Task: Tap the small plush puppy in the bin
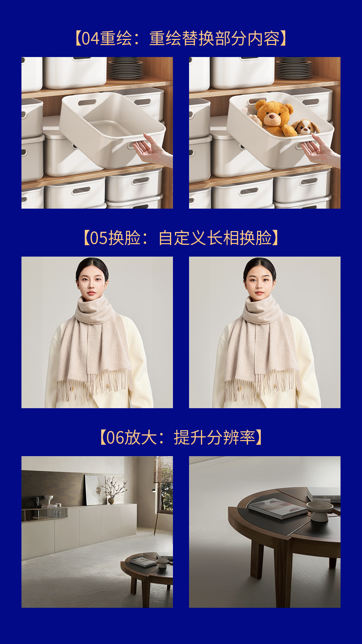tap(305, 127)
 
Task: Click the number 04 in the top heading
tap(90, 38)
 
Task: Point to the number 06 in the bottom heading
tap(115, 438)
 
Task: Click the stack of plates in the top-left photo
tap(125, 68)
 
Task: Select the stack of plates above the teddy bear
tap(293, 68)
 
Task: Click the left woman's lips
tap(91, 293)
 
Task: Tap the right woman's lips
tap(259, 293)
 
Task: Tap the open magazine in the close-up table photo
tap(278, 508)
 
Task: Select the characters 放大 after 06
tap(141, 438)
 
